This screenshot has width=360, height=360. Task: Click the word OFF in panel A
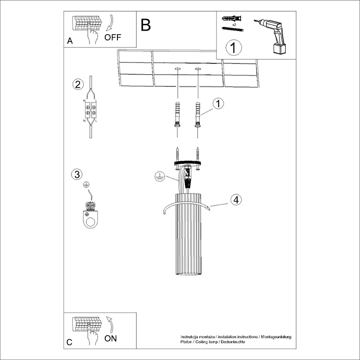point(112,37)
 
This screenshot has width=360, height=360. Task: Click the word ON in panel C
point(110,338)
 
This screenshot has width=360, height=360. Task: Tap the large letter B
point(146,25)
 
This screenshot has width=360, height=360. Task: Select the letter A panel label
point(70,40)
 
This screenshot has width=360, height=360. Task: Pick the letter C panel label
point(69,342)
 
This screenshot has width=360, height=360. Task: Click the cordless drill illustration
point(273,37)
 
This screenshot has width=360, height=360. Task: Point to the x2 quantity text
point(234,25)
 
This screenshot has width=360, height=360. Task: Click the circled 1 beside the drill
point(234,48)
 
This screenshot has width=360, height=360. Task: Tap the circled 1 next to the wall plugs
point(218,103)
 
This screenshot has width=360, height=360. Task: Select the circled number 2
point(78,84)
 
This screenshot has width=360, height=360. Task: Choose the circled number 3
point(77,174)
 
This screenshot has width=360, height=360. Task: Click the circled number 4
point(236,200)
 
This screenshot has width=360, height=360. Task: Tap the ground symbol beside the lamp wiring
point(160,176)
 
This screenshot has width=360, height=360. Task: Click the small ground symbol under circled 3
point(86,184)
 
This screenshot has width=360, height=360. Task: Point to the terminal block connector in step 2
point(91,110)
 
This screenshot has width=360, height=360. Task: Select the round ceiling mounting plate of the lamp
point(188,163)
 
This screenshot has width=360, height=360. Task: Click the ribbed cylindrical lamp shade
point(188,234)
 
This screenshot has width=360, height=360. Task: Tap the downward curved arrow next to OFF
point(110,22)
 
